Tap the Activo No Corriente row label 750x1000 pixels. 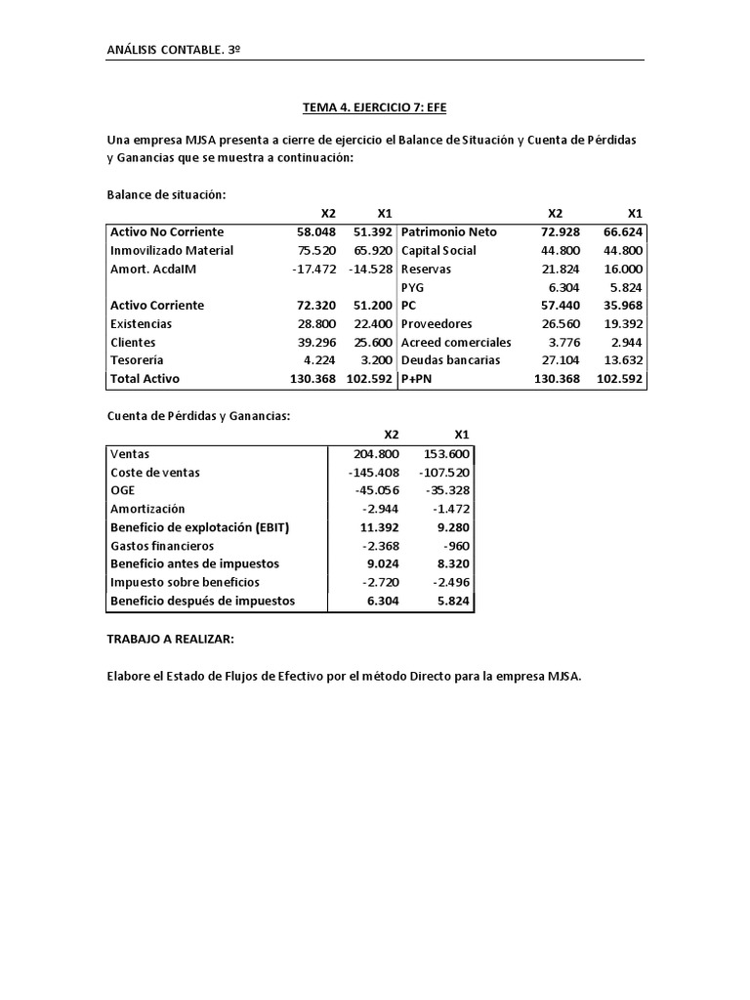tap(167, 231)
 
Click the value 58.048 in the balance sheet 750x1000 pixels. tap(316, 231)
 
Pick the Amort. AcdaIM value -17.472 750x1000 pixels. tap(314, 269)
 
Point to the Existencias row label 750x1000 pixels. tap(142, 323)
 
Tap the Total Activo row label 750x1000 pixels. tap(146, 378)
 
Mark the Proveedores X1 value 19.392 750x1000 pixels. tap(623, 323)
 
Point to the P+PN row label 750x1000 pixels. tap(418, 378)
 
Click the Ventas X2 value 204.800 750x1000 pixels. tap(375, 453)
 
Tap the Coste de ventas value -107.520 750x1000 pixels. tap(446, 472)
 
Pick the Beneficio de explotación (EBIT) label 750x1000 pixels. tap(200, 527)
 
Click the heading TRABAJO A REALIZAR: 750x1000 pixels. tap(171, 639)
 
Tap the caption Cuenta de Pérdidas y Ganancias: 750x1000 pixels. tap(199, 416)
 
